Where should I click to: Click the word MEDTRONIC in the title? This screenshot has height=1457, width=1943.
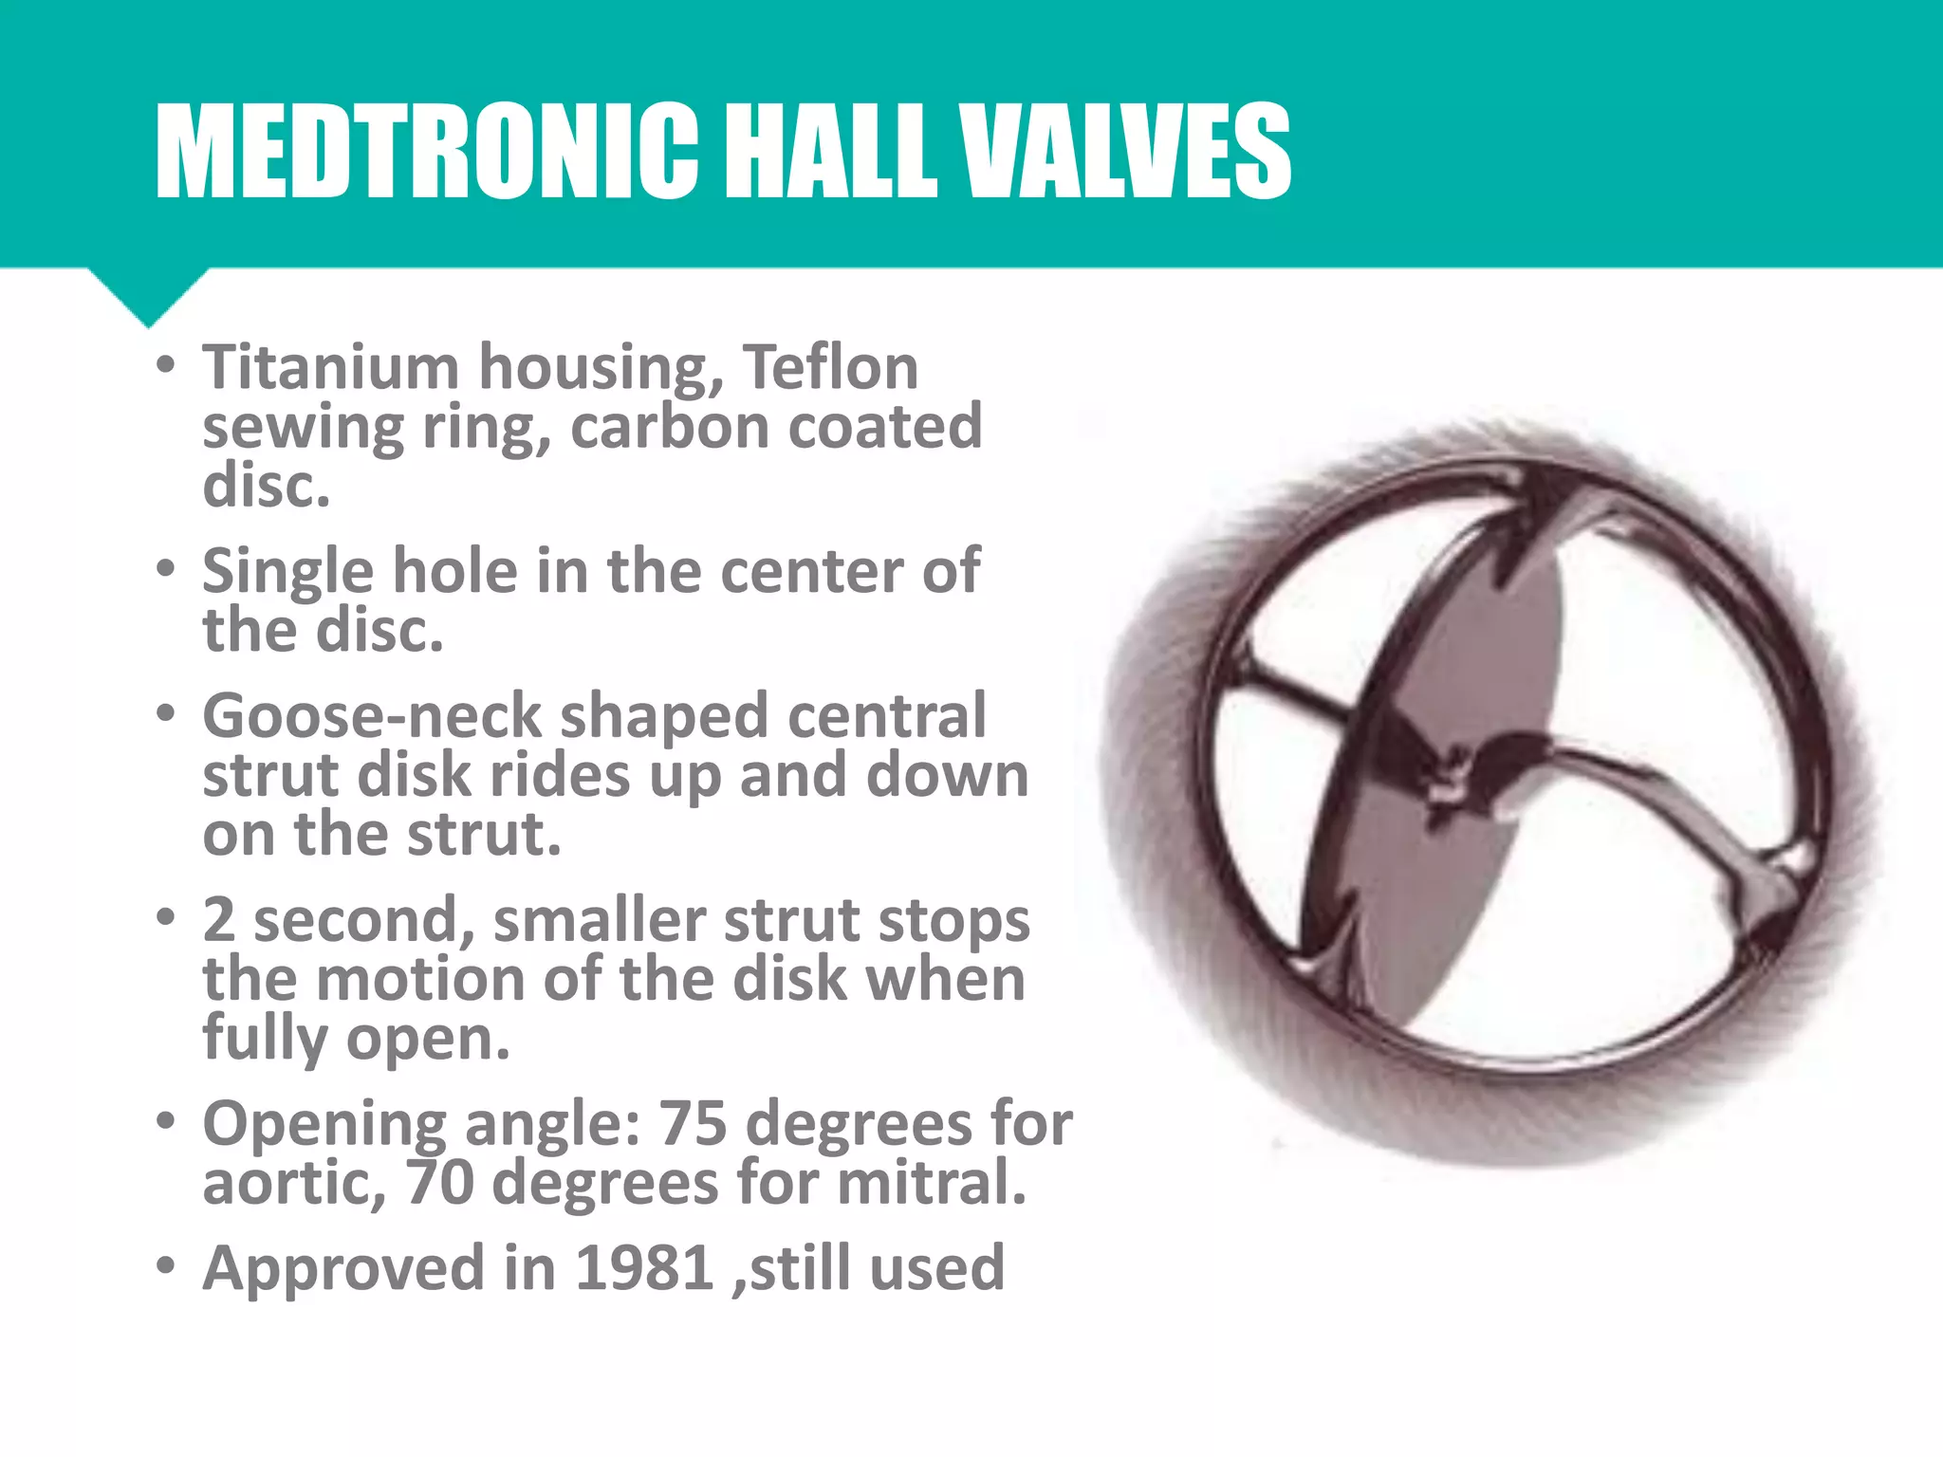pos(427,152)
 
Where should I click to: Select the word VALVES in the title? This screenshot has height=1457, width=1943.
pos(1124,152)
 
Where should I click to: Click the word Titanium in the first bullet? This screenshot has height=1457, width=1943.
pos(330,367)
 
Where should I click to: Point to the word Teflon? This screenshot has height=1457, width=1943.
pos(830,367)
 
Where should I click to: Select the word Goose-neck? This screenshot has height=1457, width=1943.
pos(372,716)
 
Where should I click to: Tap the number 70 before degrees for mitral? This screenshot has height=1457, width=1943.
pos(440,1183)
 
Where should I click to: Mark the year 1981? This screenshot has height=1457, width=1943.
pos(644,1268)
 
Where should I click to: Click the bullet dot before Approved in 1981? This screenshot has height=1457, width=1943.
pos(167,1266)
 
